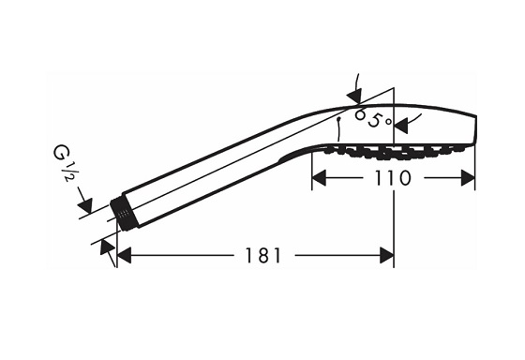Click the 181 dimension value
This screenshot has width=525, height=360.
[x=263, y=256]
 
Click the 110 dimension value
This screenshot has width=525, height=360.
[x=393, y=178]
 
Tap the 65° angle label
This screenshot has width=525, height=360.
[x=373, y=118]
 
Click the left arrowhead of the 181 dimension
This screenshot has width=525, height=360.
[x=124, y=256]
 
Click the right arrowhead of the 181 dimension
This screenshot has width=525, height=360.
[x=386, y=256]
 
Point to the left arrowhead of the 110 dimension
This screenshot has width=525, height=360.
[x=319, y=177]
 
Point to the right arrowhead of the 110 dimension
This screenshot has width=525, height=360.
[x=468, y=177]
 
